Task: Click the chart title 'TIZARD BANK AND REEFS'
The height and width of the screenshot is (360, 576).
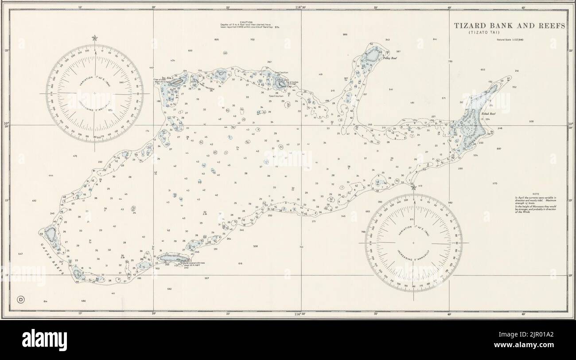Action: (510, 26)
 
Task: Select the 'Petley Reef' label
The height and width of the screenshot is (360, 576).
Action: (390, 58)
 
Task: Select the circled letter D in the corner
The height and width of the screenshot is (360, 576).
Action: (21, 300)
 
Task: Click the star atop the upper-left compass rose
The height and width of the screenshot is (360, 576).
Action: (94, 39)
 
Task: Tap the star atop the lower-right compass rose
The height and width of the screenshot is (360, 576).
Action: (413, 188)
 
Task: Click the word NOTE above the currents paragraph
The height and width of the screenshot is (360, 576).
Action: (536, 194)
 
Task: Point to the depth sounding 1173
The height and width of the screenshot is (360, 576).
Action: (495, 183)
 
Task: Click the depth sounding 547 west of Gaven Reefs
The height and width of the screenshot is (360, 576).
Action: (20, 254)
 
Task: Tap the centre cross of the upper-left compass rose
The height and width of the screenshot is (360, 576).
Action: (94, 94)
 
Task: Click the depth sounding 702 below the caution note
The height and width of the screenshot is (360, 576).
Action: (253, 40)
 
